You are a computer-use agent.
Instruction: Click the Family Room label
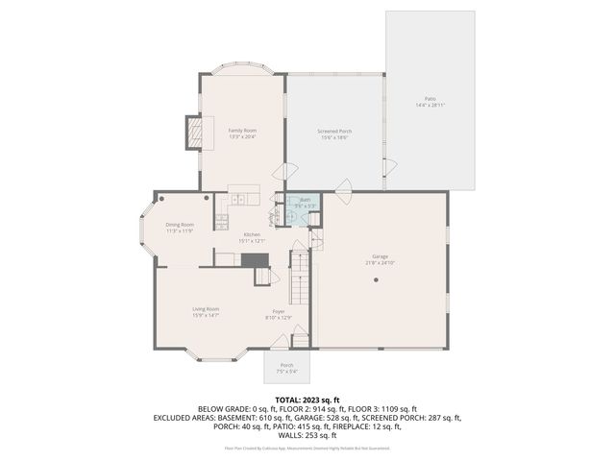[242, 130]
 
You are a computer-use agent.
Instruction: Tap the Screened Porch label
[333, 131]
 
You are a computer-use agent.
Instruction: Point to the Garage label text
[381, 255]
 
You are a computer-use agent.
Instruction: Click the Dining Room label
[180, 225]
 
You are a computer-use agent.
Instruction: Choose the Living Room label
[206, 308]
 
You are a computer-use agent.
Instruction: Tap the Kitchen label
[252, 234]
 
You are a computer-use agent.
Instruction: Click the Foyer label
[279, 311]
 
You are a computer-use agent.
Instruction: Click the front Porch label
[286, 365]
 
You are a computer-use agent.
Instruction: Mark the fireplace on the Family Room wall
[198, 133]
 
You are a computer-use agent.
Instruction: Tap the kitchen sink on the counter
[237, 200]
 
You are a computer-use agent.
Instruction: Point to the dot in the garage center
[378, 279]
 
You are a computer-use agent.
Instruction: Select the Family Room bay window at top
[242, 71]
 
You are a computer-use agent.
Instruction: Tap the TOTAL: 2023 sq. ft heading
[307, 399]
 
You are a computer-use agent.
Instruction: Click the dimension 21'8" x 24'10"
[381, 262]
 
